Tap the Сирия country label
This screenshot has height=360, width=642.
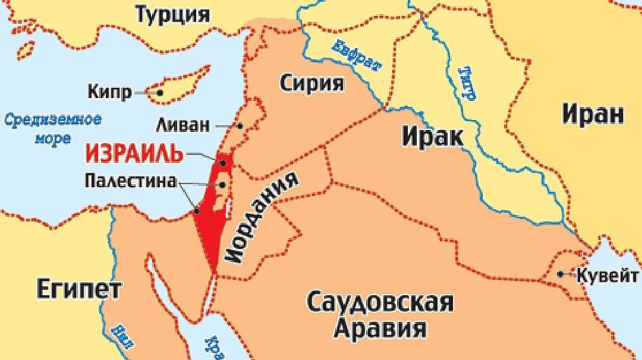click(x=312, y=83)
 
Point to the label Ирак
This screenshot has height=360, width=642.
click(x=432, y=137)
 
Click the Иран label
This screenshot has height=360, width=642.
click(x=593, y=113)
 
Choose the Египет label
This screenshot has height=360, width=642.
click(x=79, y=289)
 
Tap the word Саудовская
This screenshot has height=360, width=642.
click(x=380, y=302)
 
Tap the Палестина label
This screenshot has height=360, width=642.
click(x=131, y=181)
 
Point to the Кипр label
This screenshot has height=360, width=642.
click(x=109, y=93)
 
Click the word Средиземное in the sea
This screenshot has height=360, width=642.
click(x=53, y=119)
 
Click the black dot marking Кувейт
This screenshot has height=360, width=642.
click(x=561, y=274)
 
